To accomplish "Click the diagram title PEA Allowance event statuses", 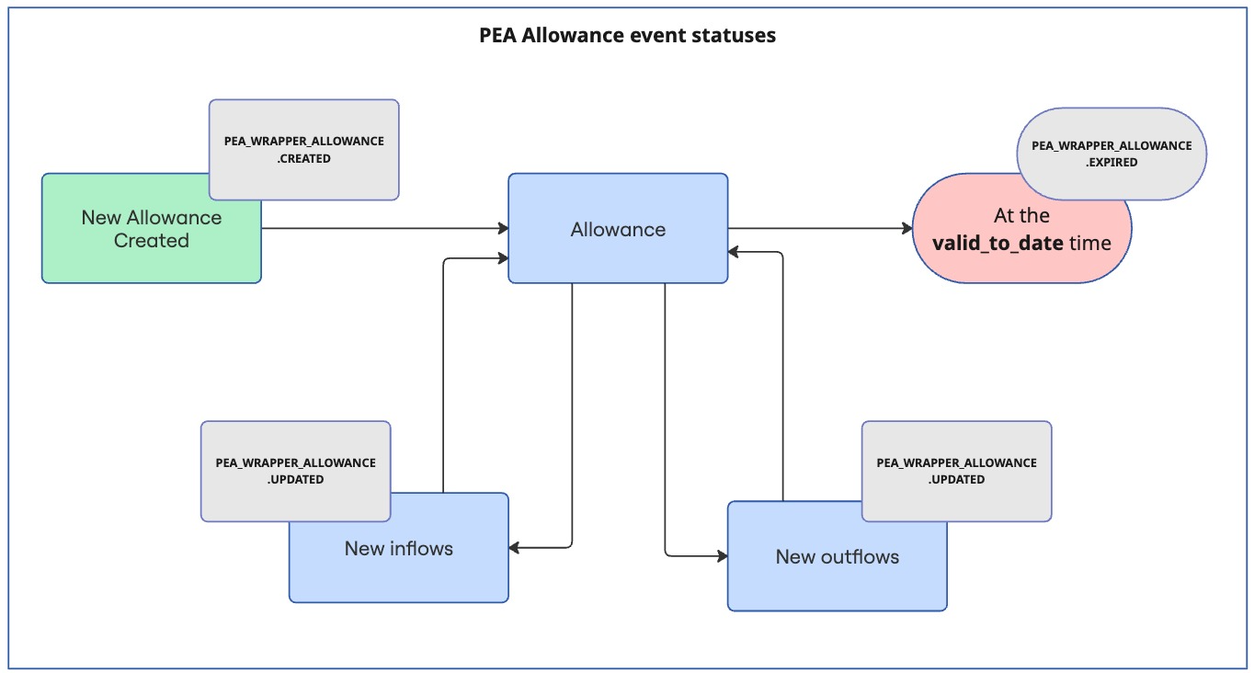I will coord(627,36).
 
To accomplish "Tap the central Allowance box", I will coord(618,229).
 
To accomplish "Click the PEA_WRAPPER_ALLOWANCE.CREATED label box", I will coord(304,150).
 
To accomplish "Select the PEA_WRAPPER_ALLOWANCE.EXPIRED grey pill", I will coord(1111,154).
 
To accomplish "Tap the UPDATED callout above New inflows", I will coord(295,471).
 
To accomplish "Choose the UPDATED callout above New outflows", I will coord(956,471).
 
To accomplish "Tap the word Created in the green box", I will coord(152,241).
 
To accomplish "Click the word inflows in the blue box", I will coord(422,549).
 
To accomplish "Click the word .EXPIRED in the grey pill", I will coord(1111,162).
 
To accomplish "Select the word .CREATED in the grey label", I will coord(304,158).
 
